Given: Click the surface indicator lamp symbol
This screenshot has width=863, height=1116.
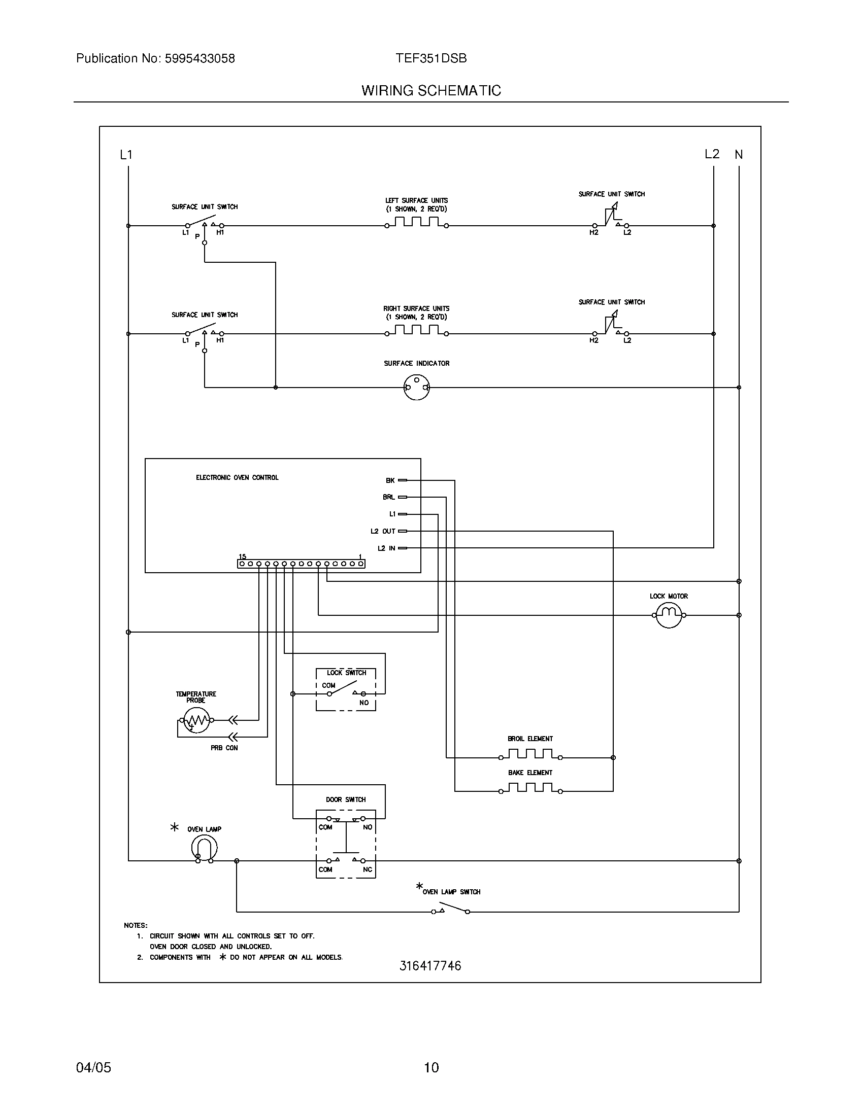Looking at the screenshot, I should pos(417,388).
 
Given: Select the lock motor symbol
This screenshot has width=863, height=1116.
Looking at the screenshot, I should pos(669,615).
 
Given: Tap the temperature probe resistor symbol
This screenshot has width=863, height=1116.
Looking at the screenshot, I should pos(197,720).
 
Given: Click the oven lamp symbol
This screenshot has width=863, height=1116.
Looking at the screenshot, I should pos(204,849).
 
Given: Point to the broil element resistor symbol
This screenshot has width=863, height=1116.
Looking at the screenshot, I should pos(530,754).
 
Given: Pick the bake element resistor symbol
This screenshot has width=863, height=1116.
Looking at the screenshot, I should pos(530,788).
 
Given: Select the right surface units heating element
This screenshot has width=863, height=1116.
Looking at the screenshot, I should pos(417,331).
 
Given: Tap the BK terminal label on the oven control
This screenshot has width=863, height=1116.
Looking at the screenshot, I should pos(390,480).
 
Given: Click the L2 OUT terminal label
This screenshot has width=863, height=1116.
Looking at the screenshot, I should pos(383,532).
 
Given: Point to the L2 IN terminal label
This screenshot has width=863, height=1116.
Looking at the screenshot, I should pos(386,548).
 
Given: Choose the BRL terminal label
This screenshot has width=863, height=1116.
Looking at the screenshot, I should pos(388,497).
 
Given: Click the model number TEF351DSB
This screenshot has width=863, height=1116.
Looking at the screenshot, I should pos(431,58).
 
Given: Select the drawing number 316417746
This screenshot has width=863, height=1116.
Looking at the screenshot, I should pos(430,966).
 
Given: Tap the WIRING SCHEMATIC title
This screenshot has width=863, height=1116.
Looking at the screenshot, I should pos(431,90).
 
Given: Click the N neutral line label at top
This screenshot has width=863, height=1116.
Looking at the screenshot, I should pos(739,154).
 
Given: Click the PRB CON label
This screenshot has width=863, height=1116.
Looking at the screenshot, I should pos(224,748).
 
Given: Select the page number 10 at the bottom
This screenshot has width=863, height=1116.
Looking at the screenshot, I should pos(431,1067).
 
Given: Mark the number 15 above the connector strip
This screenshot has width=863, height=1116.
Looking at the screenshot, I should pos(242,556).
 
